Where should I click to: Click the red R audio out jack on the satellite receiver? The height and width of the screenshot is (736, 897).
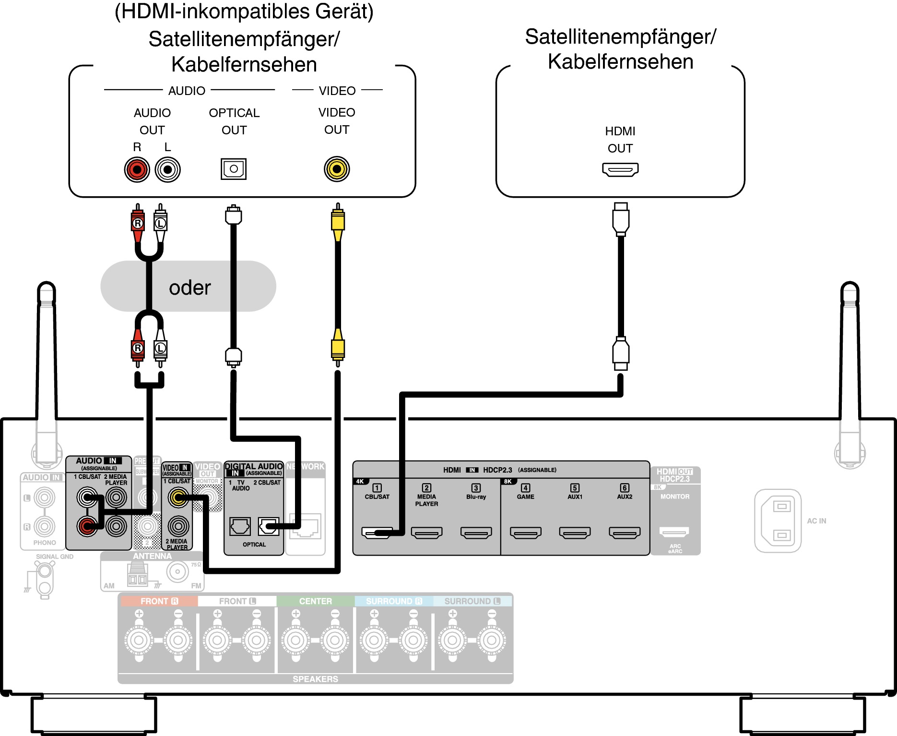pos(137,169)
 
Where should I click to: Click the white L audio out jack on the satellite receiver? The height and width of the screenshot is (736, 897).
pos(167,169)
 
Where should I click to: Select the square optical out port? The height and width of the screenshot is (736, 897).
pos(234,169)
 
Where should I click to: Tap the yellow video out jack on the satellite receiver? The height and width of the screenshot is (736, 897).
pos(337,169)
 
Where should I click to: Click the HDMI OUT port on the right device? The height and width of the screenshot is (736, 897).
pos(620,169)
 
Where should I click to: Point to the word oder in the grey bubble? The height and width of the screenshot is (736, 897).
pos(190,287)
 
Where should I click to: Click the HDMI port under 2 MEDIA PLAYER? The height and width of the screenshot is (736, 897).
pos(426,533)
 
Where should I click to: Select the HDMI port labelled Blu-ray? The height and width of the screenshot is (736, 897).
pos(476,533)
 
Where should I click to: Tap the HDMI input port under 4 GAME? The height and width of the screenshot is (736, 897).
pos(525,533)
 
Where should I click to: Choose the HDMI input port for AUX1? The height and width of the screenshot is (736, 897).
pos(575,533)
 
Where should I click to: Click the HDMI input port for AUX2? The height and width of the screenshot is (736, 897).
pos(624,533)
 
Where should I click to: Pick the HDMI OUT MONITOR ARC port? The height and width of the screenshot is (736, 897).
pos(674,532)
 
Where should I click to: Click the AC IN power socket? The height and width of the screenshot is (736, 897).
pos(778,521)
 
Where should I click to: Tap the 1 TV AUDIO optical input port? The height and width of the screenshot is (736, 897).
pos(240,526)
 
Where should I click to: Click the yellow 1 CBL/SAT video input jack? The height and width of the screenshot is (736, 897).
pos(178,498)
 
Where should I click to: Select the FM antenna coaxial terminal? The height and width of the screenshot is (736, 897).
pos(177,571)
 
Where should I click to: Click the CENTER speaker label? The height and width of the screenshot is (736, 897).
pos(315,601)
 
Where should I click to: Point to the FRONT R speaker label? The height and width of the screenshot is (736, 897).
pos(159,601)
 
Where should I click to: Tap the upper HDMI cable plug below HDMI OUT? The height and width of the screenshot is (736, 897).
pos(621,219)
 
